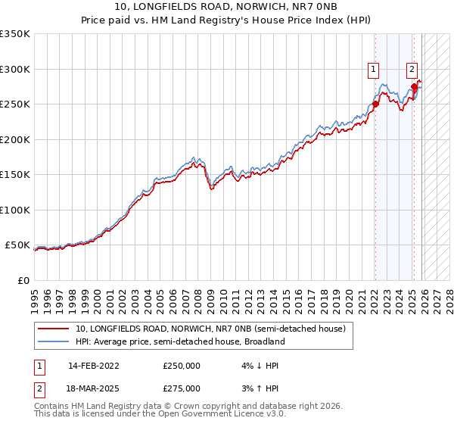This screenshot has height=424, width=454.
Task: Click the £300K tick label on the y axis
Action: pos(15,69)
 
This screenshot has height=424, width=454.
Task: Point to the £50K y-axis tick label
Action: pos(17,245)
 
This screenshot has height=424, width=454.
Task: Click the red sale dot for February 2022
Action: pos(375,104)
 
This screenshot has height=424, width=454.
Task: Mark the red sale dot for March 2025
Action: pos(415,87)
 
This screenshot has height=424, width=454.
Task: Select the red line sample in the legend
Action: pos(53,329)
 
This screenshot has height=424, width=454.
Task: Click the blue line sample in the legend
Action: pos(53,341)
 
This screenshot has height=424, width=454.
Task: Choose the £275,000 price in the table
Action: pos(182,388)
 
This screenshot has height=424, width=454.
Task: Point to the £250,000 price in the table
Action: pos(182,366)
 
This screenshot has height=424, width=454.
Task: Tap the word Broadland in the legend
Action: pos(263,341)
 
